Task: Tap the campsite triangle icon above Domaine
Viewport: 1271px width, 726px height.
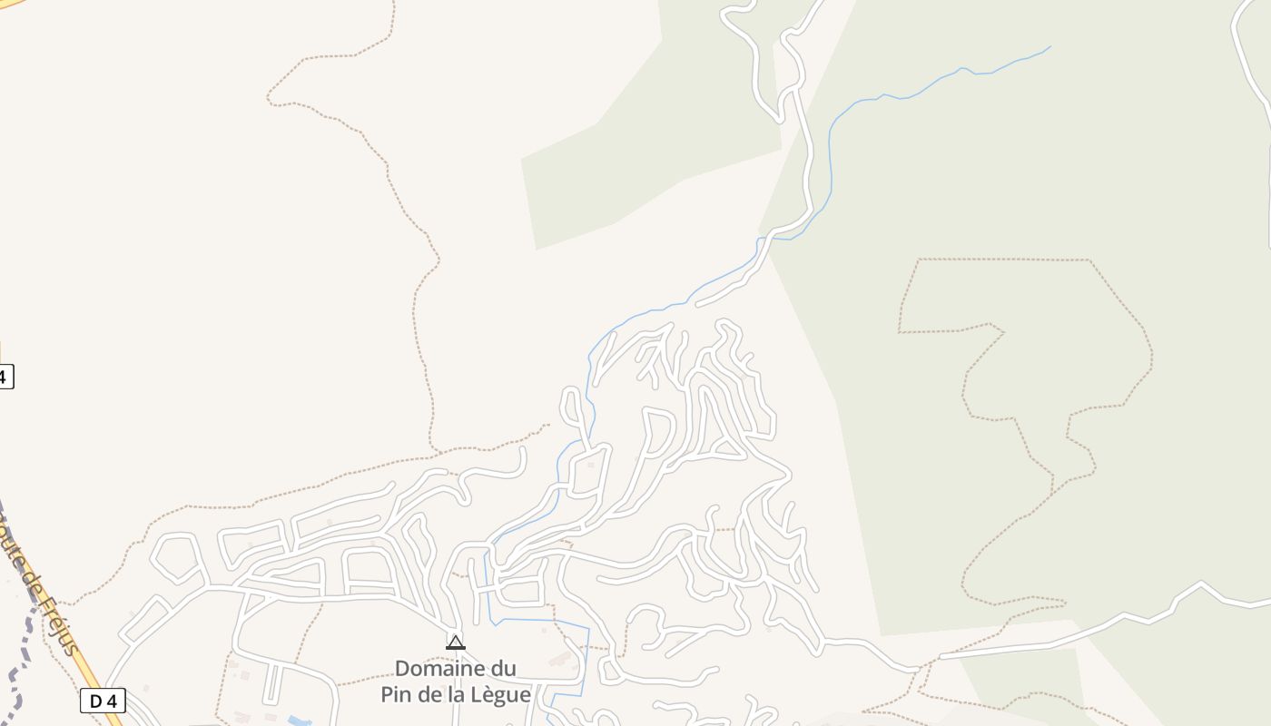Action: point(456,643)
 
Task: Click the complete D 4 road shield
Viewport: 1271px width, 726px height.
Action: point(103,701)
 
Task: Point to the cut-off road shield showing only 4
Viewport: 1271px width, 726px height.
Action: point(5,376)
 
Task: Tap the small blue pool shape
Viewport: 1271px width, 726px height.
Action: point(297,721)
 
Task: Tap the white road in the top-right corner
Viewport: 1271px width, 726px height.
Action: point(1248,64)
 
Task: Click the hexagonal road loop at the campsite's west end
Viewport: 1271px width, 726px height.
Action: point(177,557)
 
